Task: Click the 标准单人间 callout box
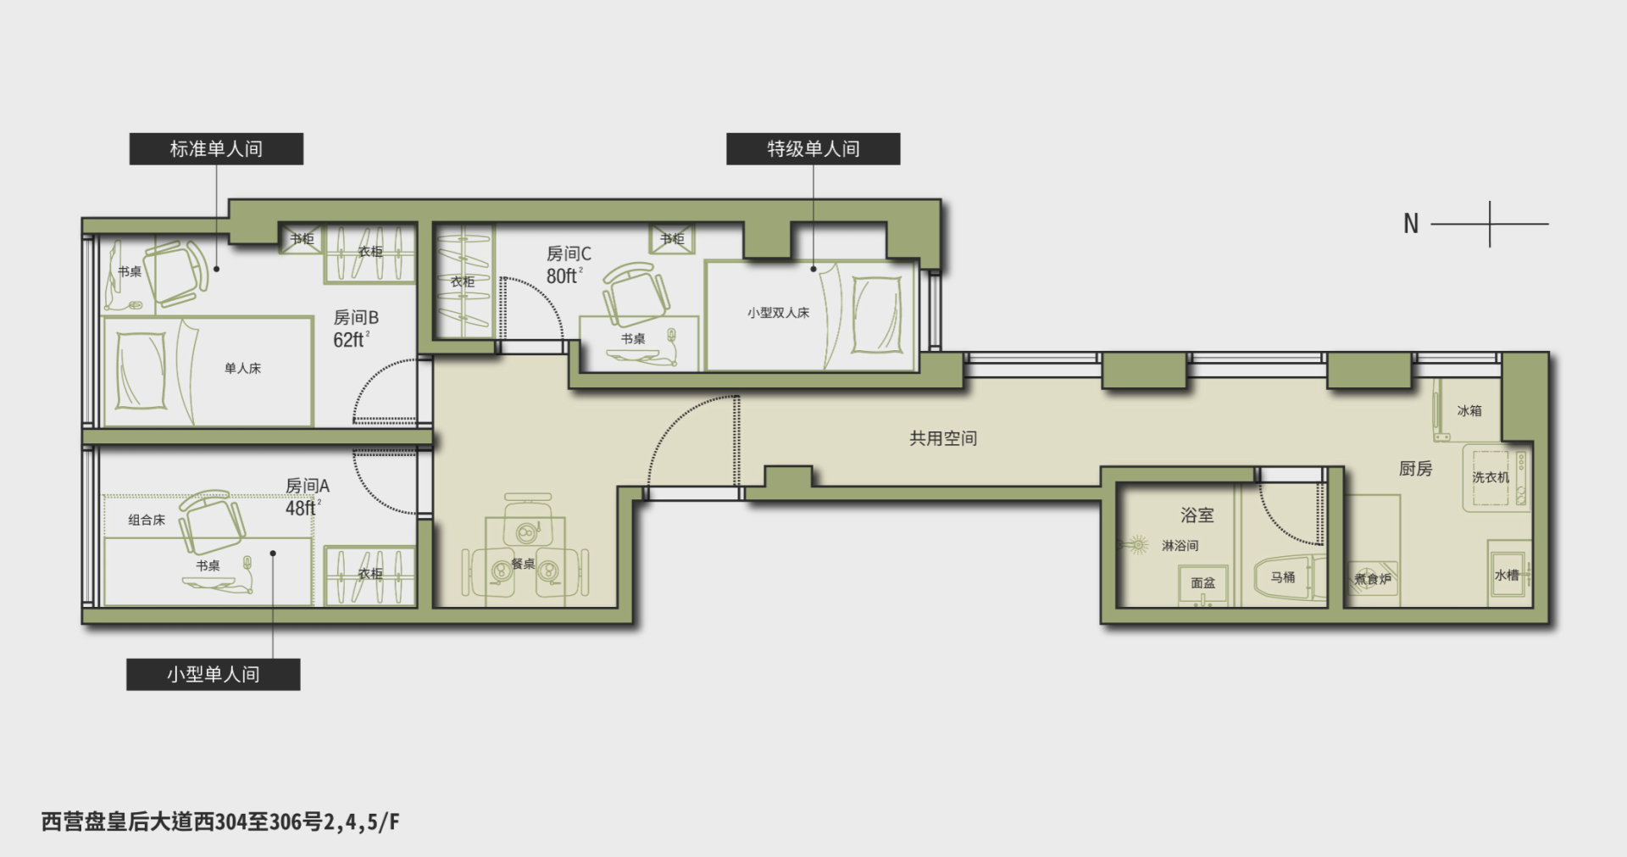coord(216,148)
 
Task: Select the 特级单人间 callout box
coord(813,148)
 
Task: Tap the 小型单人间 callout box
coord(214,674)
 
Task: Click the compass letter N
coord(1411,224)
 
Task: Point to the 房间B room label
coord(356,317)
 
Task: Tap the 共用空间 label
coord(943,438)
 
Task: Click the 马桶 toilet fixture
coord(1288,577)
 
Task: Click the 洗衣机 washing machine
coord(1497,477)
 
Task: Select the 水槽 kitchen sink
coord(1508,575)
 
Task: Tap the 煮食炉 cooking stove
coord(1373,579)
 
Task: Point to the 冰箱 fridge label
coord(1469,410)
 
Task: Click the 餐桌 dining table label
coord(523,564)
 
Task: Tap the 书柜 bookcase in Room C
coord(672,239)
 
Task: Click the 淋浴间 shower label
coord(1180,546)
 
